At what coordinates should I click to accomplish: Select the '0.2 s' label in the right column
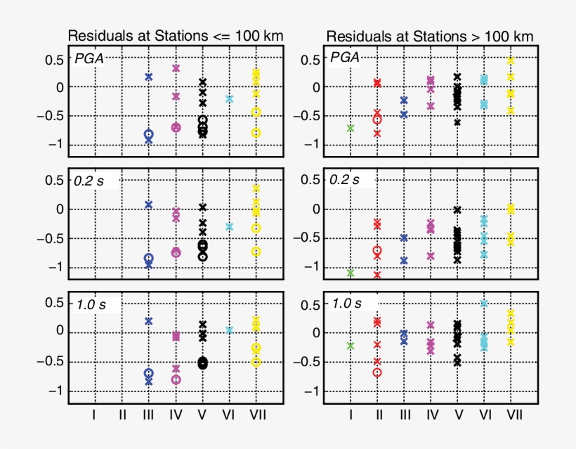tap(345, 180)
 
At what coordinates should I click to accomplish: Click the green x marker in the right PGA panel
tap(351, 128)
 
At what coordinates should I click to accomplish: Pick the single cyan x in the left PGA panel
tap(229, 99)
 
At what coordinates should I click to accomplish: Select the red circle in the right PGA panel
tap(377, 120)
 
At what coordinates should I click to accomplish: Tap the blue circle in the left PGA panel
tap(148, 134)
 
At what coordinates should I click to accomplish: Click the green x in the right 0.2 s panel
tap(351, 273)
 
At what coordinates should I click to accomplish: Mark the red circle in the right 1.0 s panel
tap(377, 372)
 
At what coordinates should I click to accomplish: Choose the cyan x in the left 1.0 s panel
tap(229, 330)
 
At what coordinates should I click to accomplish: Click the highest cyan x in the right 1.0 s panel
tap(484, 303)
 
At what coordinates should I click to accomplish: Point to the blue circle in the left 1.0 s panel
tap(148, 374)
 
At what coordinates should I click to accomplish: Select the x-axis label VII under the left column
tap(257, 415)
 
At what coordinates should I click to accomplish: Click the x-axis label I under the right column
tap(351, 415)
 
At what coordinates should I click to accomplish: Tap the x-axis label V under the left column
tap(202, 415)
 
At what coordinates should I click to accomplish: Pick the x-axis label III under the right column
tap(404, 415)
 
